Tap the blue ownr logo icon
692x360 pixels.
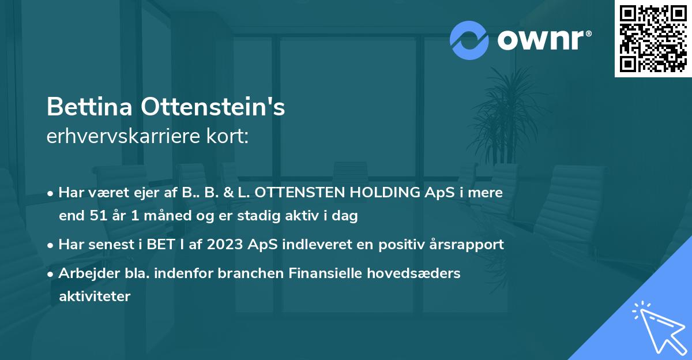(469, 40)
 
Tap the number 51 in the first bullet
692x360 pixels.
(95, 216)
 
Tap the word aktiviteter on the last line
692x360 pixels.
(95, 297)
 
